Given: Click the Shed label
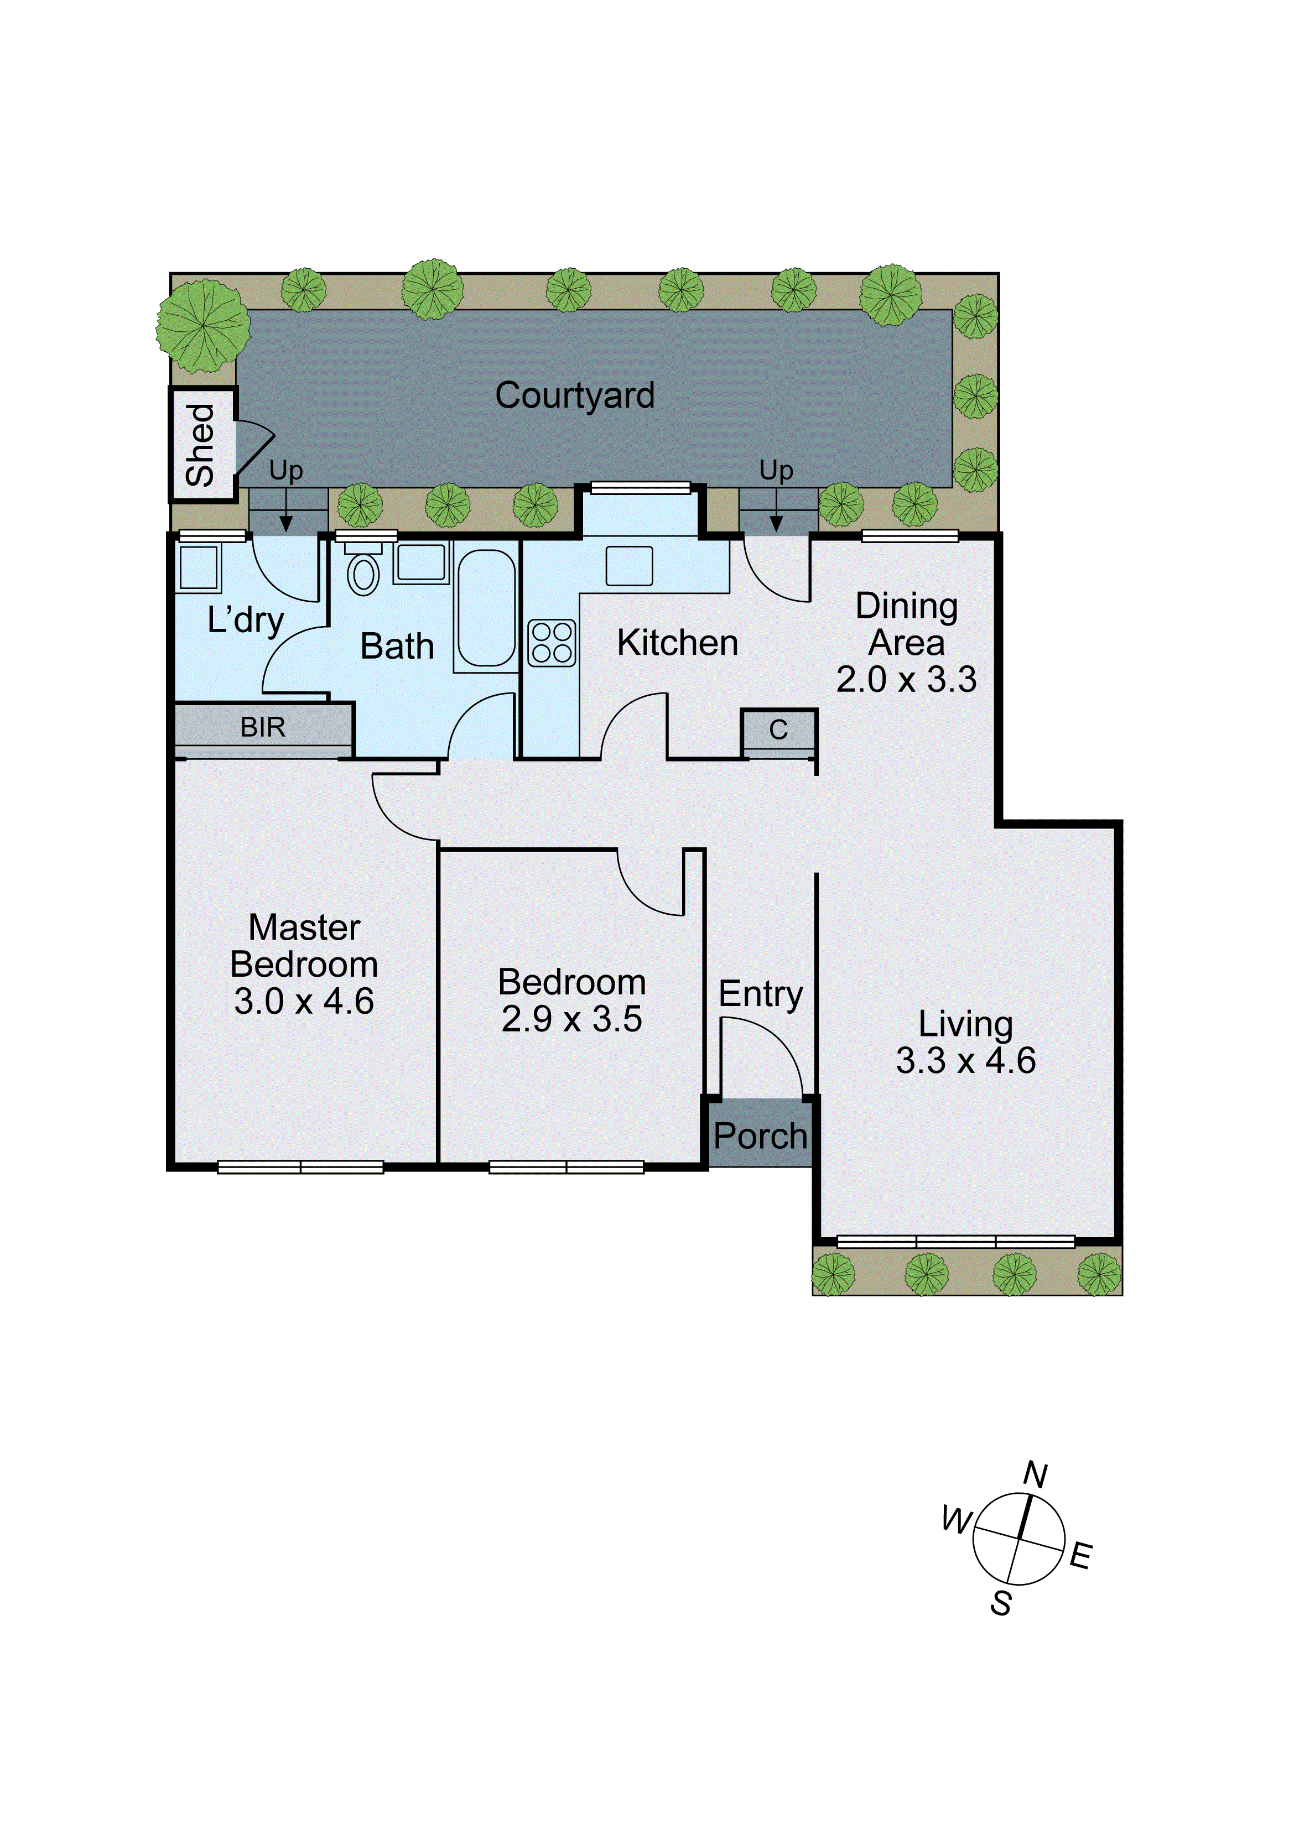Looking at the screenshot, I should (x=201, y=445).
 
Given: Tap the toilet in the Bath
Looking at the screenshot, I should (x=363, y=573).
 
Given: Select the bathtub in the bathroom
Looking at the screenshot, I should (x=486, y=608).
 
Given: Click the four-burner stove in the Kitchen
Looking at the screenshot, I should (x=552, y=643).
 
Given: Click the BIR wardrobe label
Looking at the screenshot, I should (x=263, y=727).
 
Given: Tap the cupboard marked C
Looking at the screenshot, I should (x=778, y=729).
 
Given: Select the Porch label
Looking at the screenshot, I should (x=760, y=1136).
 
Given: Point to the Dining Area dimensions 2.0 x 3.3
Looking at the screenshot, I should (x=906, y=680).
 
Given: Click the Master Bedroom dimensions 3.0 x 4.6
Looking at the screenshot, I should (x=304, y=1001).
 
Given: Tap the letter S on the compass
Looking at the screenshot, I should (x=1001, y=1603).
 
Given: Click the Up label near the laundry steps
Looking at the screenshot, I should (x=285, y=471).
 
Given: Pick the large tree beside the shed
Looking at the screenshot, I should (x=202, y=325).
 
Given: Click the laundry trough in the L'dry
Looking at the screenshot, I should (x=199, y=568).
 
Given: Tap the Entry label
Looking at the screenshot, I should (x=760, y=994).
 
